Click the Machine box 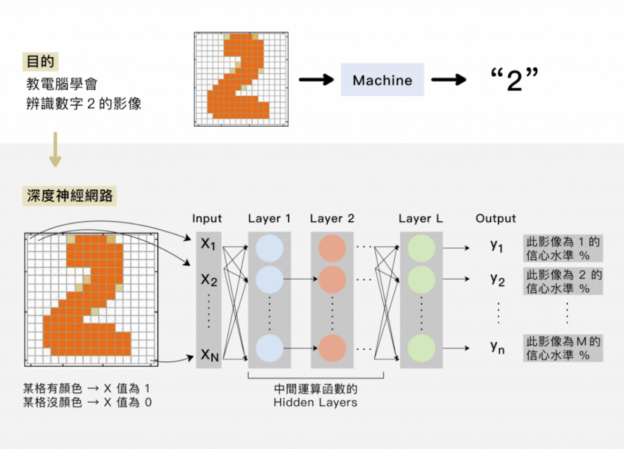382,80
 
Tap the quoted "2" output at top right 515,80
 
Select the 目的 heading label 41,62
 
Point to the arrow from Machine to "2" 448,80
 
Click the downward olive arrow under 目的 55,150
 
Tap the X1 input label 209,244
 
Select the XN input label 209,355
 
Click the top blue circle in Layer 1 269,248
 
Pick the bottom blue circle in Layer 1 269,348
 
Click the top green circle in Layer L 421,248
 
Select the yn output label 497,348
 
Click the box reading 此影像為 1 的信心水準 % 563,248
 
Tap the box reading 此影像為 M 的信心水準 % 563,348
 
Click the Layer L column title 420,218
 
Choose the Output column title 495,218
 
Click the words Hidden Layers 315,402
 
